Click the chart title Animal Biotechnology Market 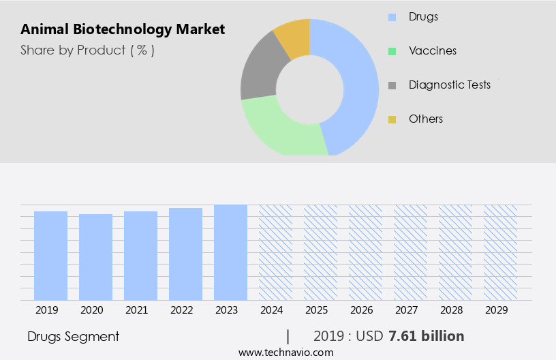123,29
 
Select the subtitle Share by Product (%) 87,50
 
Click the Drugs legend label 423,16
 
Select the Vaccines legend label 433,50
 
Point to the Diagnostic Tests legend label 450,85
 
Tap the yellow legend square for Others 392,119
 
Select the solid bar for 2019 51,256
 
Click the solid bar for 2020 96,257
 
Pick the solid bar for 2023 230,252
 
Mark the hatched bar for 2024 275,252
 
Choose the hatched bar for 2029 500,252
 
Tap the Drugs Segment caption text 74,336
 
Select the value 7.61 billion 427,336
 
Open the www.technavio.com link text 285,352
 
